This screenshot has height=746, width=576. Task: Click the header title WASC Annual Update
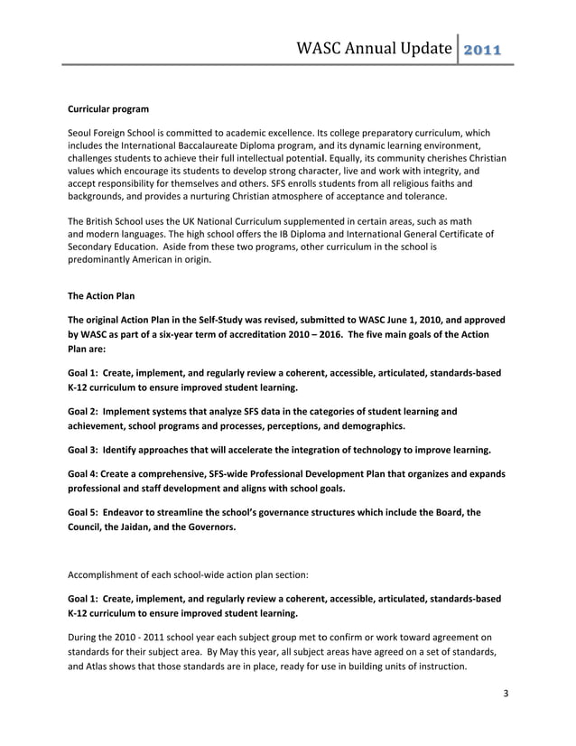373,47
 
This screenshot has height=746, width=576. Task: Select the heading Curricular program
108,109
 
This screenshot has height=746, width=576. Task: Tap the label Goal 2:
84,412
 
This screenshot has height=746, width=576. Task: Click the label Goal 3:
84,450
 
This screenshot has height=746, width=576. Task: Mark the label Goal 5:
84,513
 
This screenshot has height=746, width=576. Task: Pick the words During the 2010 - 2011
125,638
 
